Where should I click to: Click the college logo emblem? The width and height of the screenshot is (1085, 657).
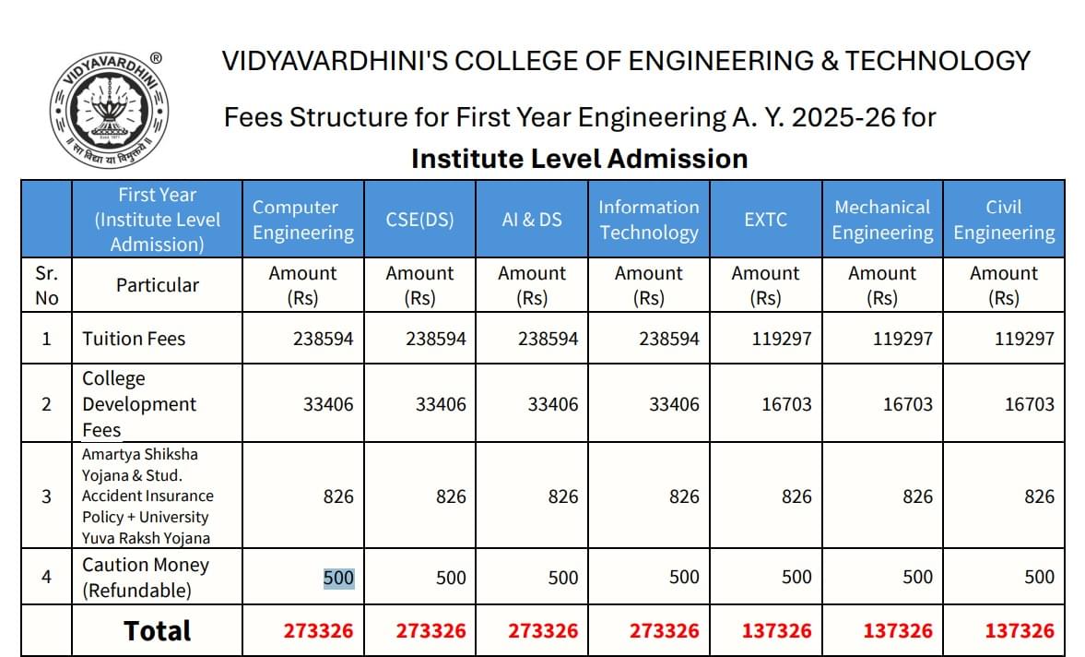pos(109,108)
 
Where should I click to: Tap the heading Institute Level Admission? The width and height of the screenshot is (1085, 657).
pos(579,159)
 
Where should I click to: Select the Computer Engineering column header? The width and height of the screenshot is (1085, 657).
pos(303,220)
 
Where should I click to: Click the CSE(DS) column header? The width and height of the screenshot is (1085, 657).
pos(419,220)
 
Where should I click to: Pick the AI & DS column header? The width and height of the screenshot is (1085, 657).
pos(532,220)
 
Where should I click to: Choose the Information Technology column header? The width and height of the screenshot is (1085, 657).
pos(649,220)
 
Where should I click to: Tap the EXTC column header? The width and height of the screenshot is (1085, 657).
pos(765,220)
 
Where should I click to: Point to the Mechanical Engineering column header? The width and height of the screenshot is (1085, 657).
pos(882,220)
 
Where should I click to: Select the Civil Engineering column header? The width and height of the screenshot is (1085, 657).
pos(1004,220)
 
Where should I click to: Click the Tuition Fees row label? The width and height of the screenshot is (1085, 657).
pos(134,339)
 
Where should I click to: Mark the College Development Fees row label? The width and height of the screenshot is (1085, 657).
pos(139,404)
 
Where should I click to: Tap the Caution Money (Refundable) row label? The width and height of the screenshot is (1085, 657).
pos(146,578)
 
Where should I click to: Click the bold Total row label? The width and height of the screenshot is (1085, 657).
pos(158,631)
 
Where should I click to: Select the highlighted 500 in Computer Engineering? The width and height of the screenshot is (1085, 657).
pos(338,578)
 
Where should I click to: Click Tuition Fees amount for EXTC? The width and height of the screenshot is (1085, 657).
pos(781,339)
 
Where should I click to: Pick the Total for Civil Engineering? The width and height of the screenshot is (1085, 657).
pos(1019,631)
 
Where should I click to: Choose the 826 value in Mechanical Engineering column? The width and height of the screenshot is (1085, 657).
pos(917,496)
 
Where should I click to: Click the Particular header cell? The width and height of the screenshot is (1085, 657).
pos(158,285)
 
